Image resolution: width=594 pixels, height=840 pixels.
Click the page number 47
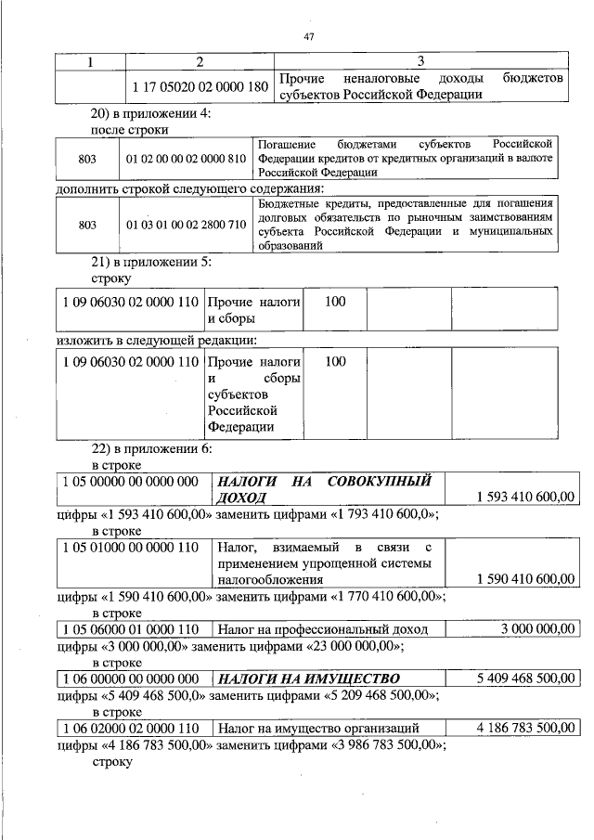pos(310,37)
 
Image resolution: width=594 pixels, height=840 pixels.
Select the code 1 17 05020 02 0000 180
pos(200,86)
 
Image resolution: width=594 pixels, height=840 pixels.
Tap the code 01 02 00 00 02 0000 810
pos(187,159)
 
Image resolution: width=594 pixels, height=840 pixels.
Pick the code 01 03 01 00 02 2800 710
pos(187,224)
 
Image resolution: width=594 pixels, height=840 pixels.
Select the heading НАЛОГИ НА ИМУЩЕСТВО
pos(307,678)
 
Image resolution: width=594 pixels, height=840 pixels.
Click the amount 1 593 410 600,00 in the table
pos(525,498)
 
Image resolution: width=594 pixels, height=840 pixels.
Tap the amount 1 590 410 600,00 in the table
pos(525,579)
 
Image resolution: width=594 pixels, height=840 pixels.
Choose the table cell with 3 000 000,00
pos(537,628)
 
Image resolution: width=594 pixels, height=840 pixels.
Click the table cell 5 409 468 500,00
pos(525,678)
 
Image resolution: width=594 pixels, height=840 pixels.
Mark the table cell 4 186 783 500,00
pos(525,727)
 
